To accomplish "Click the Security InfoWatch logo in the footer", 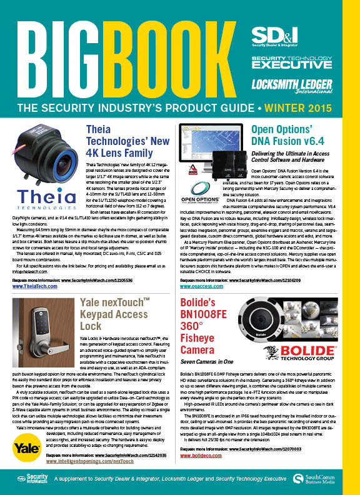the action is pos(32,481).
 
